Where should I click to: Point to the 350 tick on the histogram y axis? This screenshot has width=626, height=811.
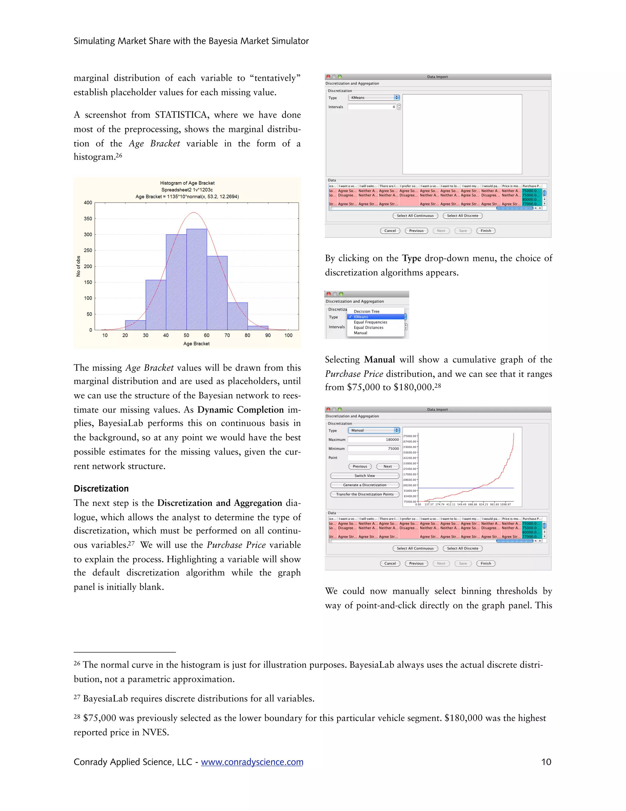click(88, 219)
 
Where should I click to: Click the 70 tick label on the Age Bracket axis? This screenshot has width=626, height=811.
click(227, 335)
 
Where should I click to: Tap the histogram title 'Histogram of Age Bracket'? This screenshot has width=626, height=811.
click(187, 183)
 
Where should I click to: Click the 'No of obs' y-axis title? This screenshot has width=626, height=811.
click(78, 266)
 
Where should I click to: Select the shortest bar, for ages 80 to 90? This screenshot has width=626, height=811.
click(258, 328)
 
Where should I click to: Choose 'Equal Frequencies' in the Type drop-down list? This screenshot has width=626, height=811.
click(370, 322)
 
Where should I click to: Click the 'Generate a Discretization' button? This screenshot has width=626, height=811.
click(365, 485)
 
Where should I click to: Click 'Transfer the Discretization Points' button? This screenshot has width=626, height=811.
click(365, 494)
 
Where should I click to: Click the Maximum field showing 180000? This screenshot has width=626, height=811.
click(374, 440)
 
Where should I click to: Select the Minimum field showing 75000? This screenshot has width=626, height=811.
click(374, 449)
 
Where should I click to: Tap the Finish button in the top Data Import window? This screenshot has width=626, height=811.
click(485, 231)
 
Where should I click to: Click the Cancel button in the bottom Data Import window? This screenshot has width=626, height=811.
click(390, 563)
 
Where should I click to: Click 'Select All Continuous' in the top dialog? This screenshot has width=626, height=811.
click(415, 216)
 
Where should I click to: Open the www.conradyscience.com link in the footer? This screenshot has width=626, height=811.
click(252, 762)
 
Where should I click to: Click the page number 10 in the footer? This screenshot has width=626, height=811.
click(546, 762)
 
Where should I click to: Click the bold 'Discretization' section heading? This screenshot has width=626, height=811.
click(101, 488)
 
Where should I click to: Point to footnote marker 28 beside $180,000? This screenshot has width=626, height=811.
click(438, 385)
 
